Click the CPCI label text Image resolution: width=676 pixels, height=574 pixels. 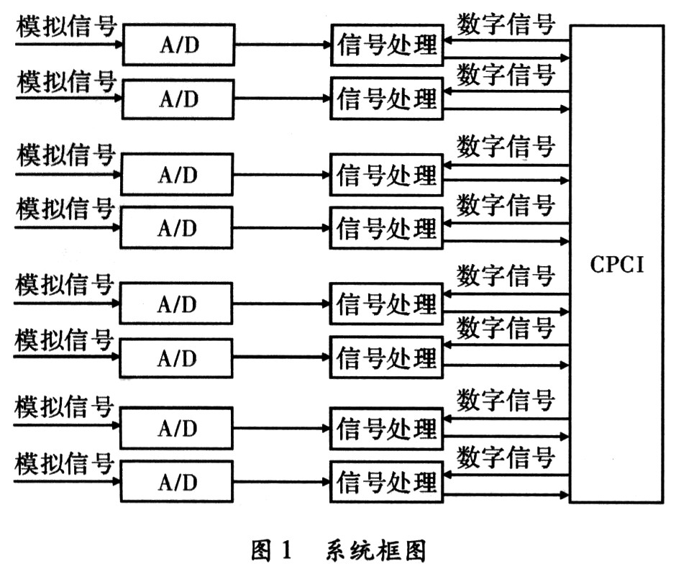617,264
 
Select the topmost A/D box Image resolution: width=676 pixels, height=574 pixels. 178,45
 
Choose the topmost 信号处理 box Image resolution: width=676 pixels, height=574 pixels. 386,45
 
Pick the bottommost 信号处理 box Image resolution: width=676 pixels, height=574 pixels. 386,481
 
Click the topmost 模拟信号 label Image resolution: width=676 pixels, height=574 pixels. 66,26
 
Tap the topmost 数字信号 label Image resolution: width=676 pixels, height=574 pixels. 506,24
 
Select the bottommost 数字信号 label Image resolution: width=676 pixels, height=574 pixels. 506,455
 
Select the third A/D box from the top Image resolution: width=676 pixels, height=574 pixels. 177,175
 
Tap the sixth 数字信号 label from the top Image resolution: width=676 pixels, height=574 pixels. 506,327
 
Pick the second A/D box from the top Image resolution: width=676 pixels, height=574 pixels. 178,99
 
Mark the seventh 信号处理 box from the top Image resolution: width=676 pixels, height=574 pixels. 386,429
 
